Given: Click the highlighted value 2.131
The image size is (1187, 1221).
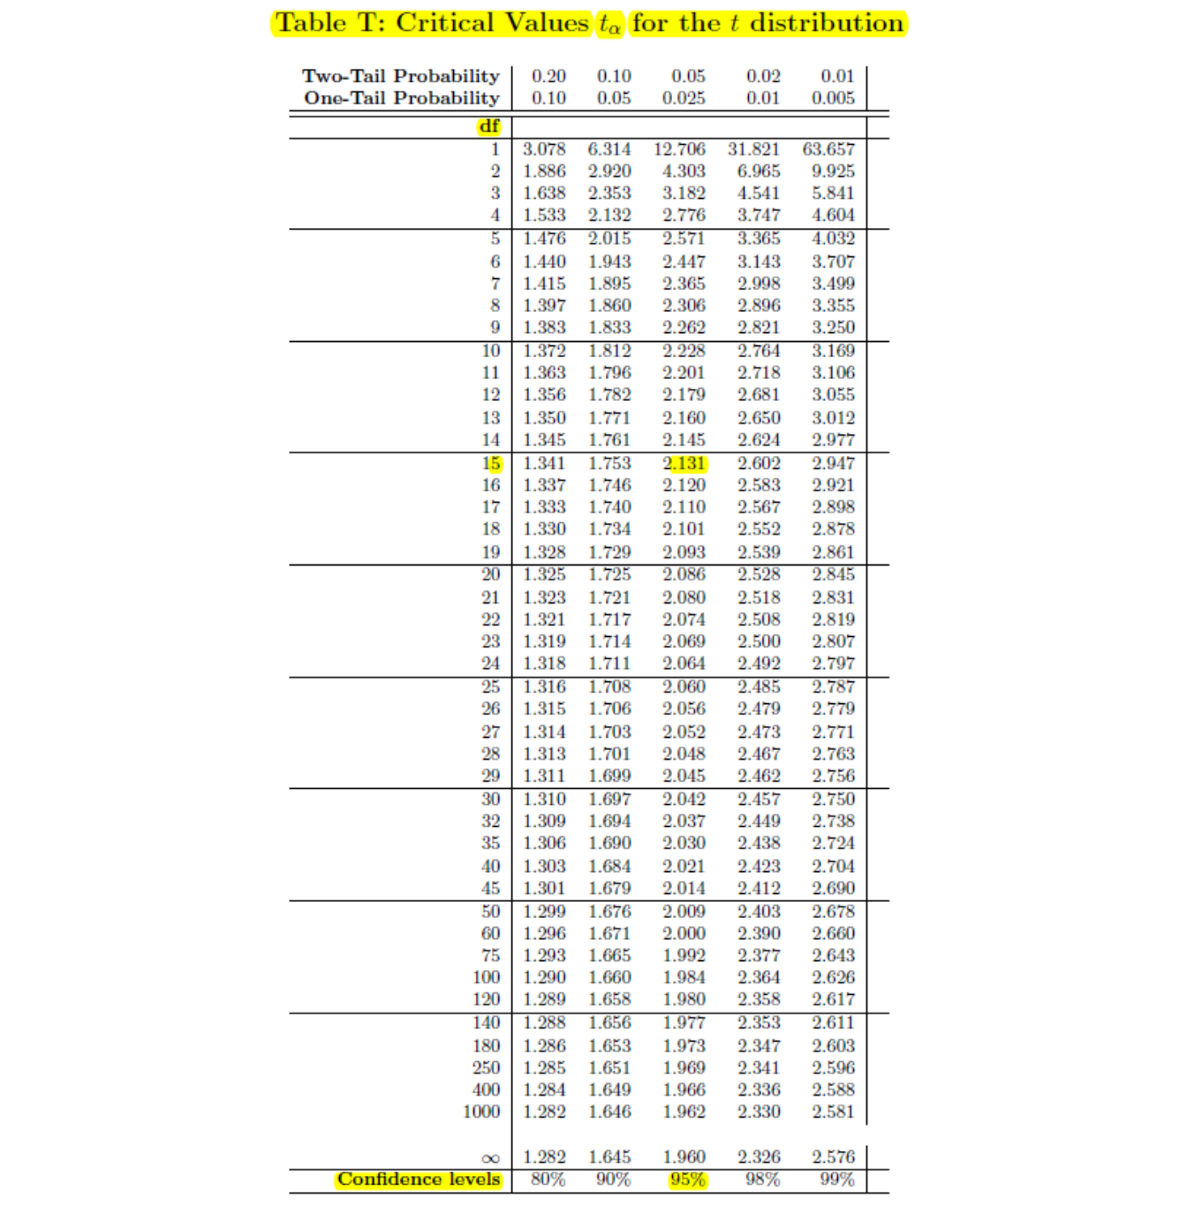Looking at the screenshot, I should pos(684,464).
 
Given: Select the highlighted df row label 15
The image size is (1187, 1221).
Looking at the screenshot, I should pos(491,464).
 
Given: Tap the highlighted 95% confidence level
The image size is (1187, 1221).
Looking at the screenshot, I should pos(687,1179).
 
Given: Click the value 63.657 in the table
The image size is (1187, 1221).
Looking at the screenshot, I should pos(828,149).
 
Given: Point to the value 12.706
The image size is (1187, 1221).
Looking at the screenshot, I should pos(679,149).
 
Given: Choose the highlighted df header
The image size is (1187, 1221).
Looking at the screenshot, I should pos(489,126).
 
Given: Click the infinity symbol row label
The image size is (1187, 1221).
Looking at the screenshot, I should pos(491,1158).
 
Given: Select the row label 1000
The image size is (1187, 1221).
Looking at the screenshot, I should pos(481,1111).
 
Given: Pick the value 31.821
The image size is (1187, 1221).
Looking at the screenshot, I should pos(753,149).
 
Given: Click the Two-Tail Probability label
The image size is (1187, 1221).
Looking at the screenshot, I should pos(401,76).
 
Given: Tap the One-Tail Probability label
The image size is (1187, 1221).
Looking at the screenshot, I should pos(402,98).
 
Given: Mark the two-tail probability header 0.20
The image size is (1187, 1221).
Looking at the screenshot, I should pos(548,76).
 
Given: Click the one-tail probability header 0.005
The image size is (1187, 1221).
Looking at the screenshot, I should pos(833,98).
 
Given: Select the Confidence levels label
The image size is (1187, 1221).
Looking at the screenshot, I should pos(419,1179).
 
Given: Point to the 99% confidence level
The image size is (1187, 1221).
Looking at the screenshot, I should pos(836,1179).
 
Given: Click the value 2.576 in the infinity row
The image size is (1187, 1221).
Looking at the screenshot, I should pos(834,1157).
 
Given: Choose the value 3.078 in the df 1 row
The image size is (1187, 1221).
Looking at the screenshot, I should pos(544,149).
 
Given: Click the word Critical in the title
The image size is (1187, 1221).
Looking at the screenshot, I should pos(444,23).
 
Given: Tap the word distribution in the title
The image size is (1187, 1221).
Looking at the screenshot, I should pos(827,23).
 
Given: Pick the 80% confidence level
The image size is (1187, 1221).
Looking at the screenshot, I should pos(548,1179).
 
